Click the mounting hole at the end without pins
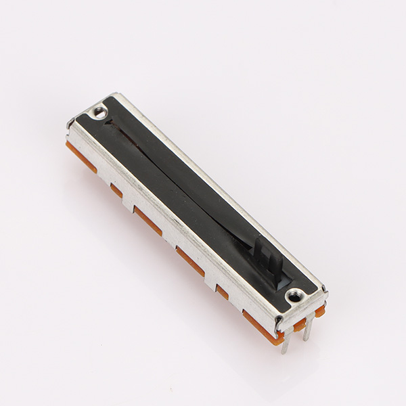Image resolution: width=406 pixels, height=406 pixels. [x=100, y=110]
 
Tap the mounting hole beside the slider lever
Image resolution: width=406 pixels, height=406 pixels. [x=295, y=296]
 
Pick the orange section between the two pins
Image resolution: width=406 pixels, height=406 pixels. [x=298, y=325]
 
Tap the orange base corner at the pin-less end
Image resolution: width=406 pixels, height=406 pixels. [x=71, y=148]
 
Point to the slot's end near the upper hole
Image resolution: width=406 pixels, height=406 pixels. [x=109, y=122]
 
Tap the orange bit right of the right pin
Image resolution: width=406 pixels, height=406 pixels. [x=319, y=311]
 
